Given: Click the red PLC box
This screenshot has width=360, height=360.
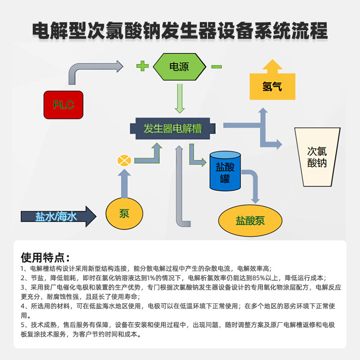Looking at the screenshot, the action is pyautogui.click(x=63, y=105).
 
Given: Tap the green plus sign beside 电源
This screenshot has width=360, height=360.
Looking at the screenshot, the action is pyautogui.click(x=142, y=67).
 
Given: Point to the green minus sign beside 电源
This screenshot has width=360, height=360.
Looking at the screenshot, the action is pyautogui.click(x=216, y=67).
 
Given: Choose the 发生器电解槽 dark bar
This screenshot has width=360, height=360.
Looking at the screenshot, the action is pyautogui.click(x=173, y=129).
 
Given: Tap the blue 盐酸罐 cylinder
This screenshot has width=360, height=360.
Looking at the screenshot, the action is pyautogui.click(x=225, y=172).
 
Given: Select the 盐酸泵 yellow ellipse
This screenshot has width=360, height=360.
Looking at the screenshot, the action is pyautogui.click(x=251, y=220).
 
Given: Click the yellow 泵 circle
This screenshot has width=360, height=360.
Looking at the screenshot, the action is pyautogui.click(x=124, y=214).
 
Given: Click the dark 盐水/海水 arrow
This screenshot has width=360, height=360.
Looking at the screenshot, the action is pyautogui.click(x=58, y=216).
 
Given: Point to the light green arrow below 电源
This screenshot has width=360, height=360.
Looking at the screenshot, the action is pyautogui.click(x=180, y=99).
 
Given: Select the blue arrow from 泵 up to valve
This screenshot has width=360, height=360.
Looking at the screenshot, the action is pyautogui.click(x=124, y=182).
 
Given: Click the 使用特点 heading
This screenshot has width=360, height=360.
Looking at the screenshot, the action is pyautogui.click(x=45, y=258).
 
